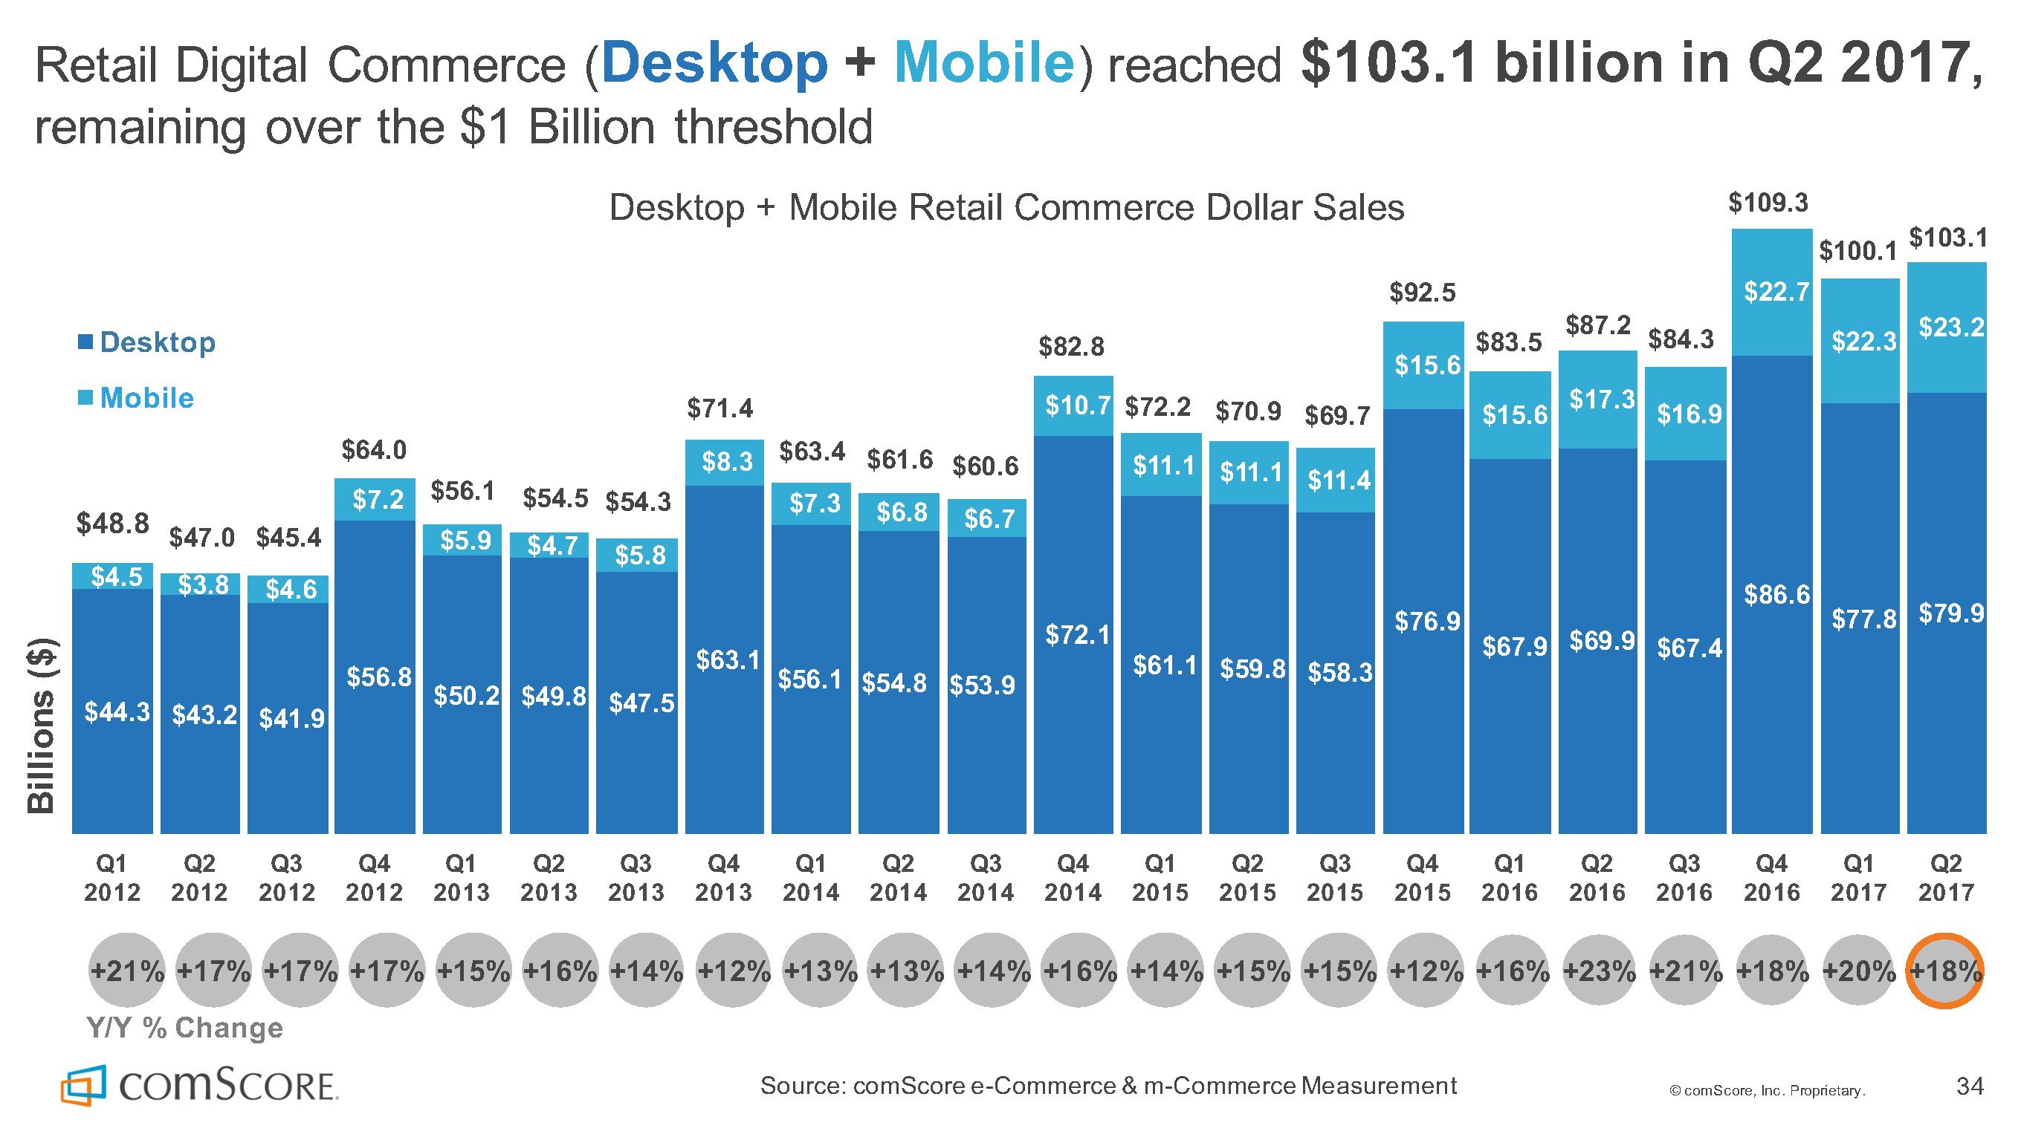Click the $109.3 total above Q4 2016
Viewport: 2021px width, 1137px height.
(x=1768, y=203)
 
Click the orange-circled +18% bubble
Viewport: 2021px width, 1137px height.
(x=1945, y=971)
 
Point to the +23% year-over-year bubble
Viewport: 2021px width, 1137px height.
(x=1598, y=971)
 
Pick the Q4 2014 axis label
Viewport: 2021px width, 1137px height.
(x=1073, y=879)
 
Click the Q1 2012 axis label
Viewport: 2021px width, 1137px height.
(x=111, y=879)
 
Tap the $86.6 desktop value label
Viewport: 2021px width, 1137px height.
(x=1776, y=595)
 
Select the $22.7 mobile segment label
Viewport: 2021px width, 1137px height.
(x=1776, y=293)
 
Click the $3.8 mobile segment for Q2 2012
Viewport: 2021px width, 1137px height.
(x=202, y=584)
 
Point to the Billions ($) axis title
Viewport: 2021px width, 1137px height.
(x=42, y=726)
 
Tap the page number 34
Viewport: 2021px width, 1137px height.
(x=1969, y=1086)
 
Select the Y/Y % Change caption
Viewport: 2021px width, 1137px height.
(x=184, y=1027)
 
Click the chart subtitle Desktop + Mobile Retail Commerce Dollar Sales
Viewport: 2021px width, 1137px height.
(x=1006, y=208)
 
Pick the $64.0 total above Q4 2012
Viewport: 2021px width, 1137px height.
(x=374, y=450)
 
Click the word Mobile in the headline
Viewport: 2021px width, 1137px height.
(x=984, y=62)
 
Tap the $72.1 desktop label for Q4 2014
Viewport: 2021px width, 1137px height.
(x=1077, y=634)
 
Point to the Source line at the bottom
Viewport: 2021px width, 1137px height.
(x=1107, y=1086)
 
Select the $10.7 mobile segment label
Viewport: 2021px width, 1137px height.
(x=1077, y=405)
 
